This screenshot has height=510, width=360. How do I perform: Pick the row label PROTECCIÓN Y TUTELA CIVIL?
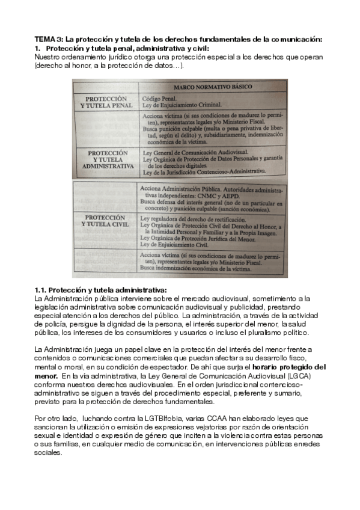pyautogui.click(x=106, y=220)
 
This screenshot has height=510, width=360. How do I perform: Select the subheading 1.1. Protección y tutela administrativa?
pyautogui.click(x=101, y=290)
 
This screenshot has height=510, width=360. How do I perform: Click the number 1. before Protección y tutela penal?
pyautogui.click(x=38, y=48)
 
